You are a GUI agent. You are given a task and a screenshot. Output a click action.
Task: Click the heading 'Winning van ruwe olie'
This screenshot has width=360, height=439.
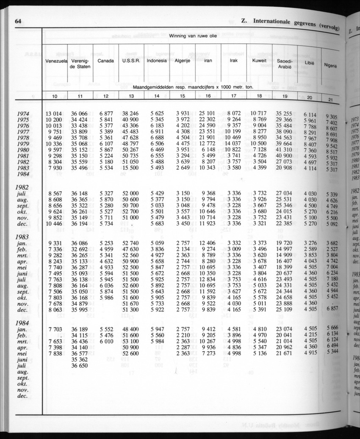pos(193,36)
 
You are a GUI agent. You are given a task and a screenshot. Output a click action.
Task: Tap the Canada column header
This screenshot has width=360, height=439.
pos(105,61)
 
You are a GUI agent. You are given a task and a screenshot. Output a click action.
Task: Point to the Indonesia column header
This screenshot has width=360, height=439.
pos(156,61)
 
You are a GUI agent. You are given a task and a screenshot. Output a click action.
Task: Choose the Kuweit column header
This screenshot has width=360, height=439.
pos(259,61)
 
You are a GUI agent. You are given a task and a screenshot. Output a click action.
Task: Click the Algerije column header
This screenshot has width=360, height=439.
pos(182,61)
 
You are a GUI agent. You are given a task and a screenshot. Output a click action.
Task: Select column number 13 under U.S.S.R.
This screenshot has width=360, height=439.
pos(131,96)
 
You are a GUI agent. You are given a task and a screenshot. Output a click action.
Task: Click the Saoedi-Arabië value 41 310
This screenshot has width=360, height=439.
pos(284,150)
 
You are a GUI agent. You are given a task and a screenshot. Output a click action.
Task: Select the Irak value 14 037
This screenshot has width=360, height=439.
pos(233,144)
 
